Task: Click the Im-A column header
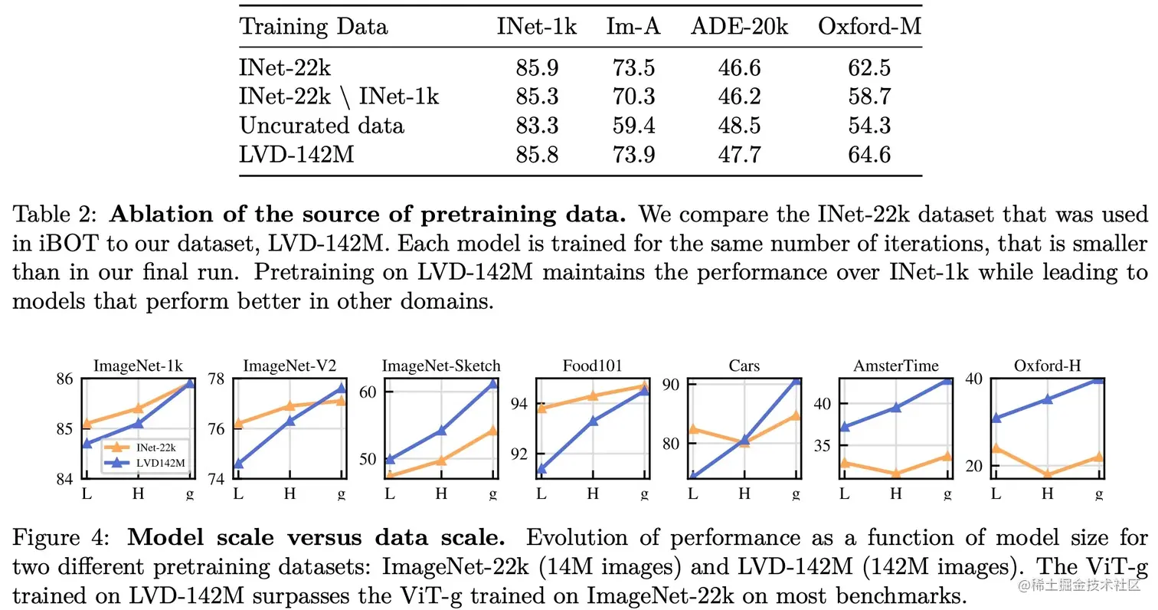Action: (633, 28)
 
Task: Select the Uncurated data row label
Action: (322, 126)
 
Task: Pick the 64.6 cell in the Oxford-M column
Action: (869, 155)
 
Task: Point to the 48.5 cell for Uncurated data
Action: (739, 126)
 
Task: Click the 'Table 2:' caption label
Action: (55, 214)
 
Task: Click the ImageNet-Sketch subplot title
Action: (442, 366)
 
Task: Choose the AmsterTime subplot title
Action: (896, 366)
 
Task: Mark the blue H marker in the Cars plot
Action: (744, 440)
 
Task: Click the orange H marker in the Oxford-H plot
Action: (1048, 475)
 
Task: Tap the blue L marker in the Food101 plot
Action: (542, 469)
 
